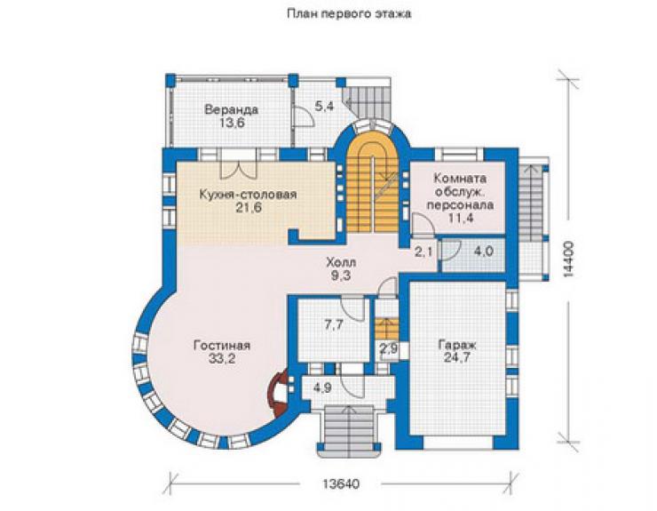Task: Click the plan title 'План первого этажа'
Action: [x=349, y=14]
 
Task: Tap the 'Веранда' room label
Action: [x=231, y=110]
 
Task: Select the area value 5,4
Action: [x=324, y=106]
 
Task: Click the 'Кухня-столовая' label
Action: [x=248, y=195]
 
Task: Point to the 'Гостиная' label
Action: [x=222, y=346]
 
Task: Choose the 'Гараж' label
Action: [x=457, y=345]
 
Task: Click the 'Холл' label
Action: [x=341, y=263]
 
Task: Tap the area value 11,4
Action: [x=460, y=218]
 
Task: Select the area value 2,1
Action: [x=423, y=252]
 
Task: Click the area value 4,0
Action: [x=483, y=252]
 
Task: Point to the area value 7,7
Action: [x=334, y=325]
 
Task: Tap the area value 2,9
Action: [x=388, y=348]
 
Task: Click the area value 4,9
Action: [x=322, y=387]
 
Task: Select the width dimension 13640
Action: [x=341, y=483]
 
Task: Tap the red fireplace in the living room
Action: [x=279, y=393]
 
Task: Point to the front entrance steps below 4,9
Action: [x=349, y=430]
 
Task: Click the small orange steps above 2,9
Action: [x=386, y=329]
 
